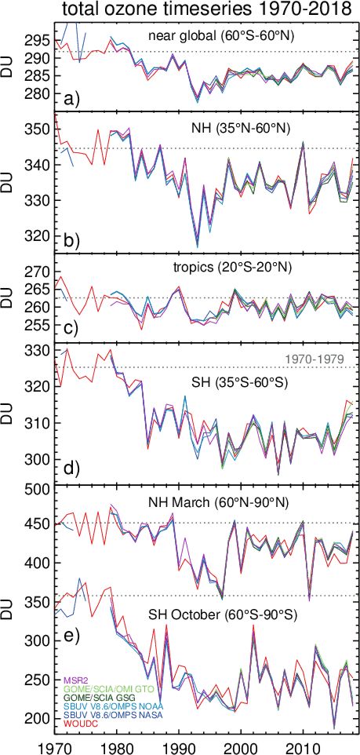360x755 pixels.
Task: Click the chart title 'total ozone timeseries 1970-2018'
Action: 206,9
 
